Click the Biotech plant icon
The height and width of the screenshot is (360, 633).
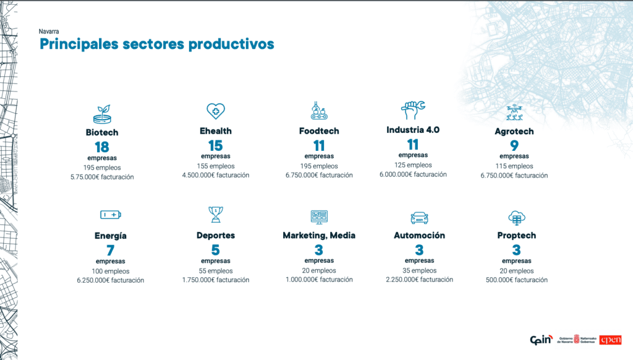[x=102, y=114]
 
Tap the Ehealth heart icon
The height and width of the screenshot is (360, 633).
[x=216, y=111]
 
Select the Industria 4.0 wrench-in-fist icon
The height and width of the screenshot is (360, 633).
[x=412, y=110]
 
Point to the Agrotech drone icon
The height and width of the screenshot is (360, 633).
[x=514, y=113]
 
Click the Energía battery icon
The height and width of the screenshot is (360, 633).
[x=111, y=215]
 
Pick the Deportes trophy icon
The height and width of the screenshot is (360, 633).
[x=216, y=215]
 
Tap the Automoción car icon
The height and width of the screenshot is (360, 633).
[x=420, y=218]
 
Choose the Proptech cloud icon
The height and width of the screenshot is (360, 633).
[x=517, y=218]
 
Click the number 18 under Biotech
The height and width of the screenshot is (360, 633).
[x=102, y=147]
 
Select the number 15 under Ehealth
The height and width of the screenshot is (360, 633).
[x=216, y=145]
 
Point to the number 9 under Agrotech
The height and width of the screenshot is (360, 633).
[x=514, y=145]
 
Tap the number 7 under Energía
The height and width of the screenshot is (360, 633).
[x=111, y=250]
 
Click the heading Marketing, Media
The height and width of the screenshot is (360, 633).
[x=319, y=236]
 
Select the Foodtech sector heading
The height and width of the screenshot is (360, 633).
[x=319, y=131]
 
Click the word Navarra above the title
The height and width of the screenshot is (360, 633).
[x=49, y=32]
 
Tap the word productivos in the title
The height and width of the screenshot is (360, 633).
[x=231, y=44]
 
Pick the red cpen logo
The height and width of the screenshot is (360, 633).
[x=610, y=340]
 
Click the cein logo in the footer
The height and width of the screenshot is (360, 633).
[x=542, y=340]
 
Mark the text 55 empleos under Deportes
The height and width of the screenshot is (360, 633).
[x=216, y=271]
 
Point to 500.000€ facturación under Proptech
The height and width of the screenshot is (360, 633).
[x=517, y=280]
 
